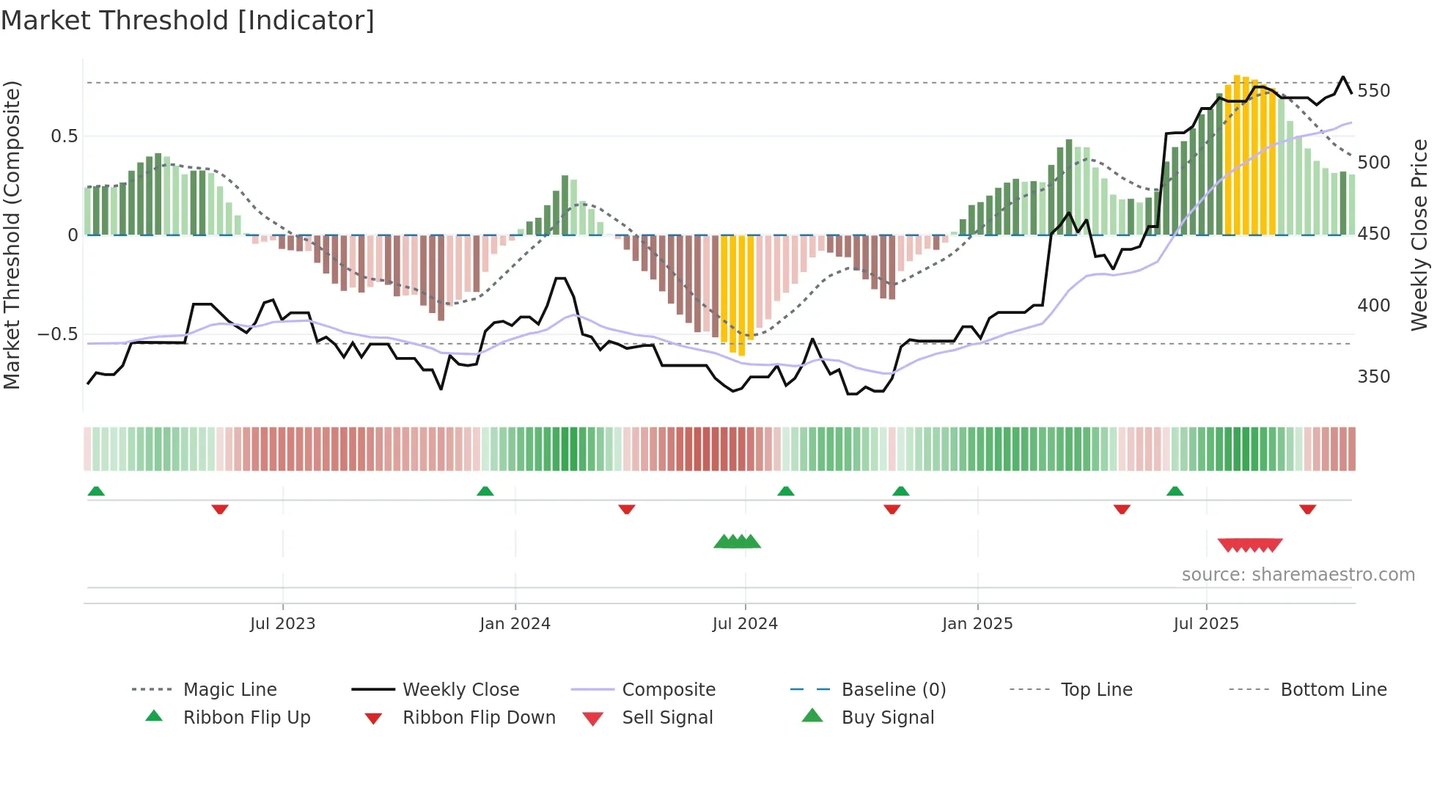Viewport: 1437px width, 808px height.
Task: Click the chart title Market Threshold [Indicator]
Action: [188, 21]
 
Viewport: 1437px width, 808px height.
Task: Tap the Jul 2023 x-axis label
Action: [282, 624]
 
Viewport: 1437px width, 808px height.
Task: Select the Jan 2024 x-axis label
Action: [515, 624]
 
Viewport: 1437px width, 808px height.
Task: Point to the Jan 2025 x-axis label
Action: [977, 624]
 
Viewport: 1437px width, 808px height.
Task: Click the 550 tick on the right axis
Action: [1373, 91]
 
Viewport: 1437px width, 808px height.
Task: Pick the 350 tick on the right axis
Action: [1373, 377]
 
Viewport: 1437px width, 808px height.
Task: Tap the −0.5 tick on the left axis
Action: [57, 334]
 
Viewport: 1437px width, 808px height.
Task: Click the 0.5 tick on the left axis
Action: [64, 136]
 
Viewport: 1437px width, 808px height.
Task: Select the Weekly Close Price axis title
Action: [1419, 235]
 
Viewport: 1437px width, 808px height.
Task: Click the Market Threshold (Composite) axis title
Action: [12, 235]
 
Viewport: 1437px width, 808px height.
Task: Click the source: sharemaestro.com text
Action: [1298, 575]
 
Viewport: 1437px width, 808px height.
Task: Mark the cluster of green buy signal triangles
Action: [738, 542]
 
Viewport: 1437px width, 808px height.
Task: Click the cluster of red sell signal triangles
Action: [1250, 545]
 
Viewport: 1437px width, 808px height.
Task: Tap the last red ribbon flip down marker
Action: [1307, 509]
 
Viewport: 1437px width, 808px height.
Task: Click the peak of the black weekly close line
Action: [1343, 77]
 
